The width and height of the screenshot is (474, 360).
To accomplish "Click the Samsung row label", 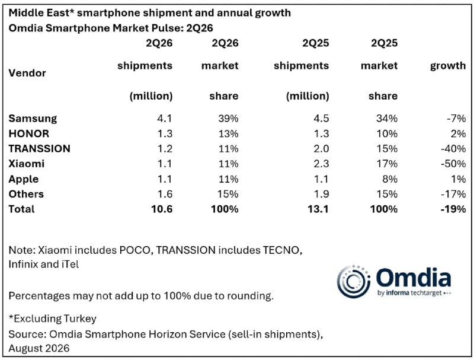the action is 33,118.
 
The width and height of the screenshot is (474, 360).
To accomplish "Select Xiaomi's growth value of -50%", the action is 453,164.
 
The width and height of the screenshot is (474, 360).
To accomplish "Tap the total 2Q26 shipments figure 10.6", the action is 162,209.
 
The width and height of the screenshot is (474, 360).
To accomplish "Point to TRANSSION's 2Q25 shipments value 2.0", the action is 321,148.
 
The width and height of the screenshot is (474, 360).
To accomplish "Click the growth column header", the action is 448,66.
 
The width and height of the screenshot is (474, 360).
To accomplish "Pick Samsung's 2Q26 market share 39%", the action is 228,118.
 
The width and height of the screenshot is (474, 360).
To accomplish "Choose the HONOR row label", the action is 28,133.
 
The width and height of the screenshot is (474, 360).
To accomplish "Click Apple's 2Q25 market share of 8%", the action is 390,179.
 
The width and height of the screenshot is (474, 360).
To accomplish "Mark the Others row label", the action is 26,194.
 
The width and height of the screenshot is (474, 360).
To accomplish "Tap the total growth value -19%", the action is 453,209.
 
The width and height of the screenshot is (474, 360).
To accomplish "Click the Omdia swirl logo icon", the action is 353,281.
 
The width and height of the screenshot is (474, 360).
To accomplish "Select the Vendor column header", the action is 27,73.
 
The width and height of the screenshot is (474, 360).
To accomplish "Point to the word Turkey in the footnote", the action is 79,318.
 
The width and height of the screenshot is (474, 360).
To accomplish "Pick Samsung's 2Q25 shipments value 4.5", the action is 321,118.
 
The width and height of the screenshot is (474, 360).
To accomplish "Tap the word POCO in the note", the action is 135,250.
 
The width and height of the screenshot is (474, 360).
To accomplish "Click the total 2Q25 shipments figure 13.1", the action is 318,209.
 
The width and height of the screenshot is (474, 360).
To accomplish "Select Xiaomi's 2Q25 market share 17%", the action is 387,164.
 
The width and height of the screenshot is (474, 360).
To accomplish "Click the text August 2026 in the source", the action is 39,348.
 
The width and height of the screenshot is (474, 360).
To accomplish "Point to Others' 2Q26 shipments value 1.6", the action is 165,194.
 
